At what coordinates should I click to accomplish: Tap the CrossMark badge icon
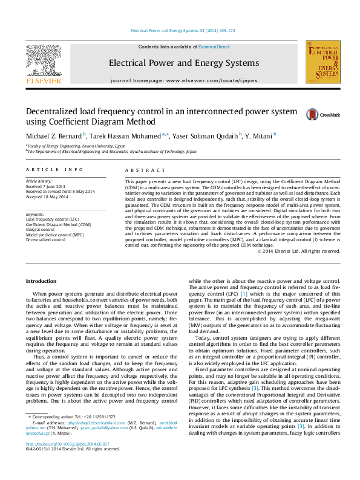[314, 114]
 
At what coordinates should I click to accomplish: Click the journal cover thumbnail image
[322, 62]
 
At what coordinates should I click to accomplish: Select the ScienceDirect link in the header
[214, 47]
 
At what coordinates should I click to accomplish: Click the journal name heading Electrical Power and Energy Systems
[183, 63]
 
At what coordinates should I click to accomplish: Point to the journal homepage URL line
[183, 80]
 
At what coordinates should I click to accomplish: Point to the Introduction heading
[41, 282]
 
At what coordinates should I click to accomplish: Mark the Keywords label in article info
[35, 214]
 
